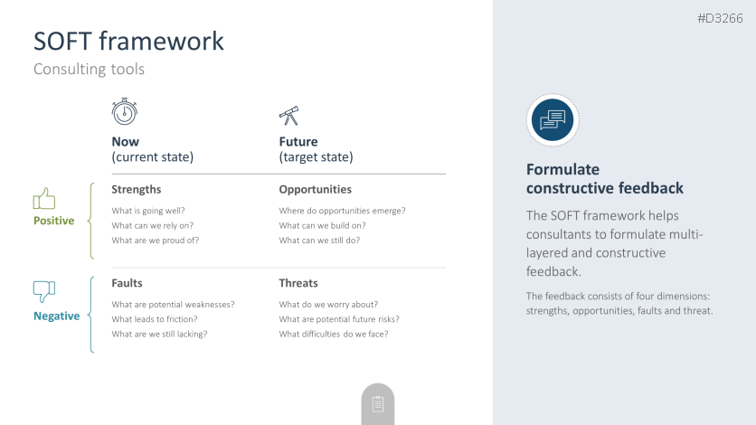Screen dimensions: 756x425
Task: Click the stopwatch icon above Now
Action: [125, 111]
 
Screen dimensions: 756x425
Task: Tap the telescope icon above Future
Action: [289, 116]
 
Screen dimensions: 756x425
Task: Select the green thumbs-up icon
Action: [44, 199]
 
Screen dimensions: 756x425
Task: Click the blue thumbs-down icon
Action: [44, 291]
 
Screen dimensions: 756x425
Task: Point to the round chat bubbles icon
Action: [553, 120]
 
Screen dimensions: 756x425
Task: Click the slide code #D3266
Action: [720, 18]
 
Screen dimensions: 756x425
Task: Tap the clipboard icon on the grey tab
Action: [378, 404]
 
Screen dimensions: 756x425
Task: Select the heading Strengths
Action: [136, 189]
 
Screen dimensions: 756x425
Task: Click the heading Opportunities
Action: [316, 189]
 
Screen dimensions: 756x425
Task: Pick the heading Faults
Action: [127, 283]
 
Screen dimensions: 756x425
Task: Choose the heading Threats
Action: [298, 283]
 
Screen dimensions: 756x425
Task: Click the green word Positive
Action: [54, 221]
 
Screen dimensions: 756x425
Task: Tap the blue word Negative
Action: [56, 316]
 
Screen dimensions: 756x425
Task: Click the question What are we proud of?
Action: [156, 241]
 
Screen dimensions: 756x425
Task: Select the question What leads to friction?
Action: [155, 319]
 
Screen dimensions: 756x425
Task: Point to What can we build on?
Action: [322, 225]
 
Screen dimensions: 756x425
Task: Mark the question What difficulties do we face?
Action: [333, 334]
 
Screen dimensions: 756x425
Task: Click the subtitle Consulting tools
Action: [89, 69]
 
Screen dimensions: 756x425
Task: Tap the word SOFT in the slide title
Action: [62, 41]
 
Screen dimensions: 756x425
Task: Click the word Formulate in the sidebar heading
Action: [562, 169]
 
